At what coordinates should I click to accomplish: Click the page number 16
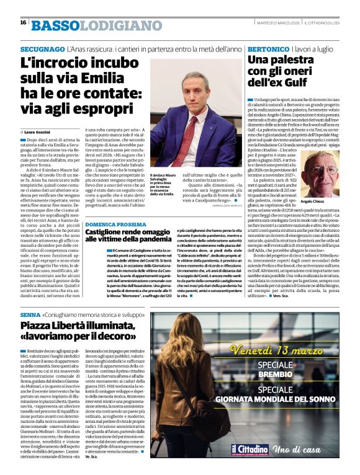tap(23, 22)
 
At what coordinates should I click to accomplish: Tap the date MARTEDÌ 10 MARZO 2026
tap(278, 23)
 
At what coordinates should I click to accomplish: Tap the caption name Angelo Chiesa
tap(322, 202)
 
